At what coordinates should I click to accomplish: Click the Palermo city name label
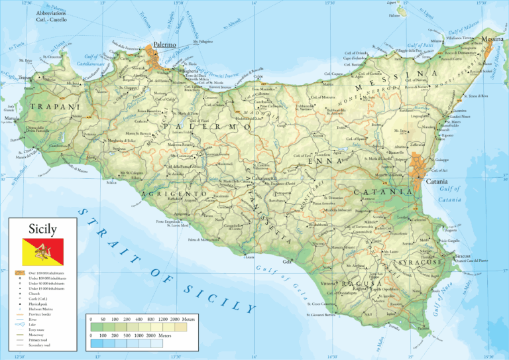164,44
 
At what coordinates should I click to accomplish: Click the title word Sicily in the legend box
42,229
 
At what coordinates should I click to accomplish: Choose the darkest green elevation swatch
97,327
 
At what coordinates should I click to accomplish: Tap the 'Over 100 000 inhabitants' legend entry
48,272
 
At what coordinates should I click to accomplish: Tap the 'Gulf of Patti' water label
408,45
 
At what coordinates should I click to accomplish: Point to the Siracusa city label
464,255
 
